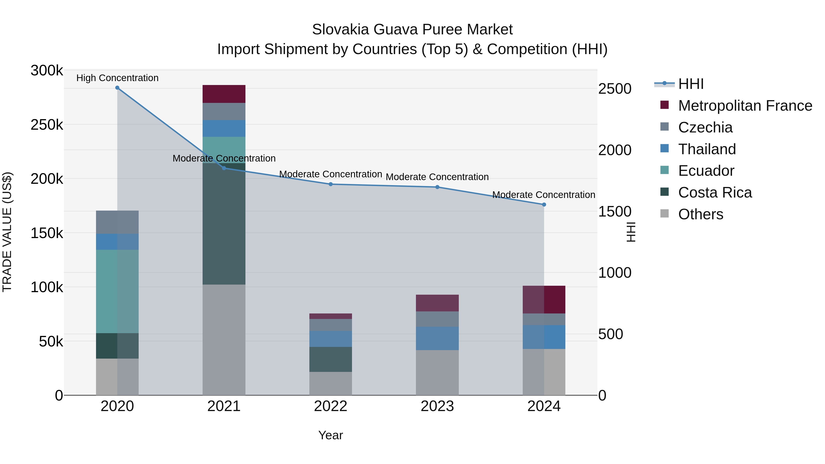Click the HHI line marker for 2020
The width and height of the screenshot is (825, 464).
117,88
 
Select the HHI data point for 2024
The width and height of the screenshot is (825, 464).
544,205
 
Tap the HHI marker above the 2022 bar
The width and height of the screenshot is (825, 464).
330,184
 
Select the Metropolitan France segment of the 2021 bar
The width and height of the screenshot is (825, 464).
224,94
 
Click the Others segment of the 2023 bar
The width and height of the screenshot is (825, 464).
437,372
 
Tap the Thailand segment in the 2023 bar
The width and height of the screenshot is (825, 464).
437,338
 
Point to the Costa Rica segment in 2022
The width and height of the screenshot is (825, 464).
330,359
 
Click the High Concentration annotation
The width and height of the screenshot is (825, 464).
117,78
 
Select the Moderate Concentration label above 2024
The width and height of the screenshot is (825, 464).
544,195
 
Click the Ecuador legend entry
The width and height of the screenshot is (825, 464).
706,171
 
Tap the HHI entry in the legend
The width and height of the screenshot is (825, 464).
690,84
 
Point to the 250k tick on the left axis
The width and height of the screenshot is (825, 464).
47,125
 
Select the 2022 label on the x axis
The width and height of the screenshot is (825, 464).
330,406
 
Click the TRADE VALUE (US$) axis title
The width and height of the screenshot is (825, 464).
7,232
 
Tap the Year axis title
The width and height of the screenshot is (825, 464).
330,435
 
